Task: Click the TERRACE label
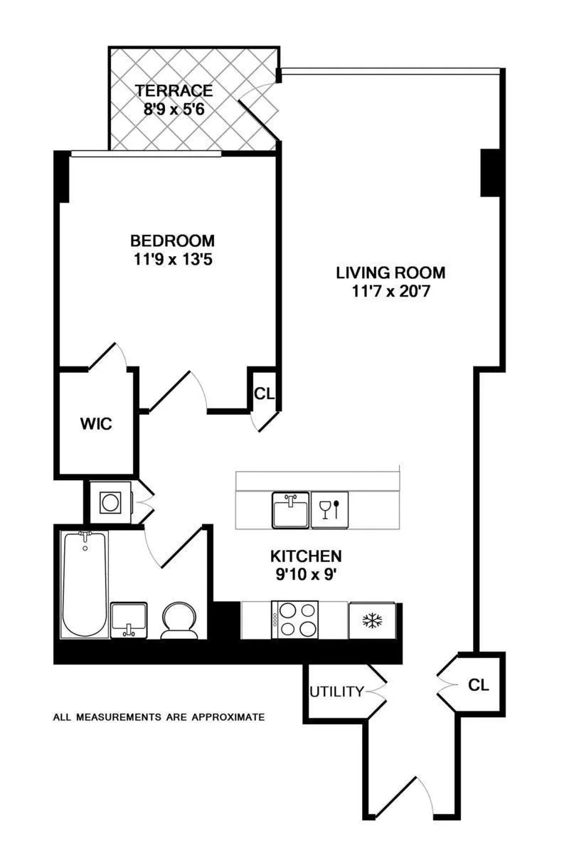174,91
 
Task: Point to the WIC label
96,425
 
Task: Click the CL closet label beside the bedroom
264,393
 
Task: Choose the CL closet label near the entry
479,685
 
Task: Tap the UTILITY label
336,692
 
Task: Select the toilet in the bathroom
177,620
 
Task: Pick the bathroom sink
129,620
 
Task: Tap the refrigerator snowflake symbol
372,620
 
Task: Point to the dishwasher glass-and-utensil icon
330,510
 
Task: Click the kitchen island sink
290,509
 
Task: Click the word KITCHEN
306,556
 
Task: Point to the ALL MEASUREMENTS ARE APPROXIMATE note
159,717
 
